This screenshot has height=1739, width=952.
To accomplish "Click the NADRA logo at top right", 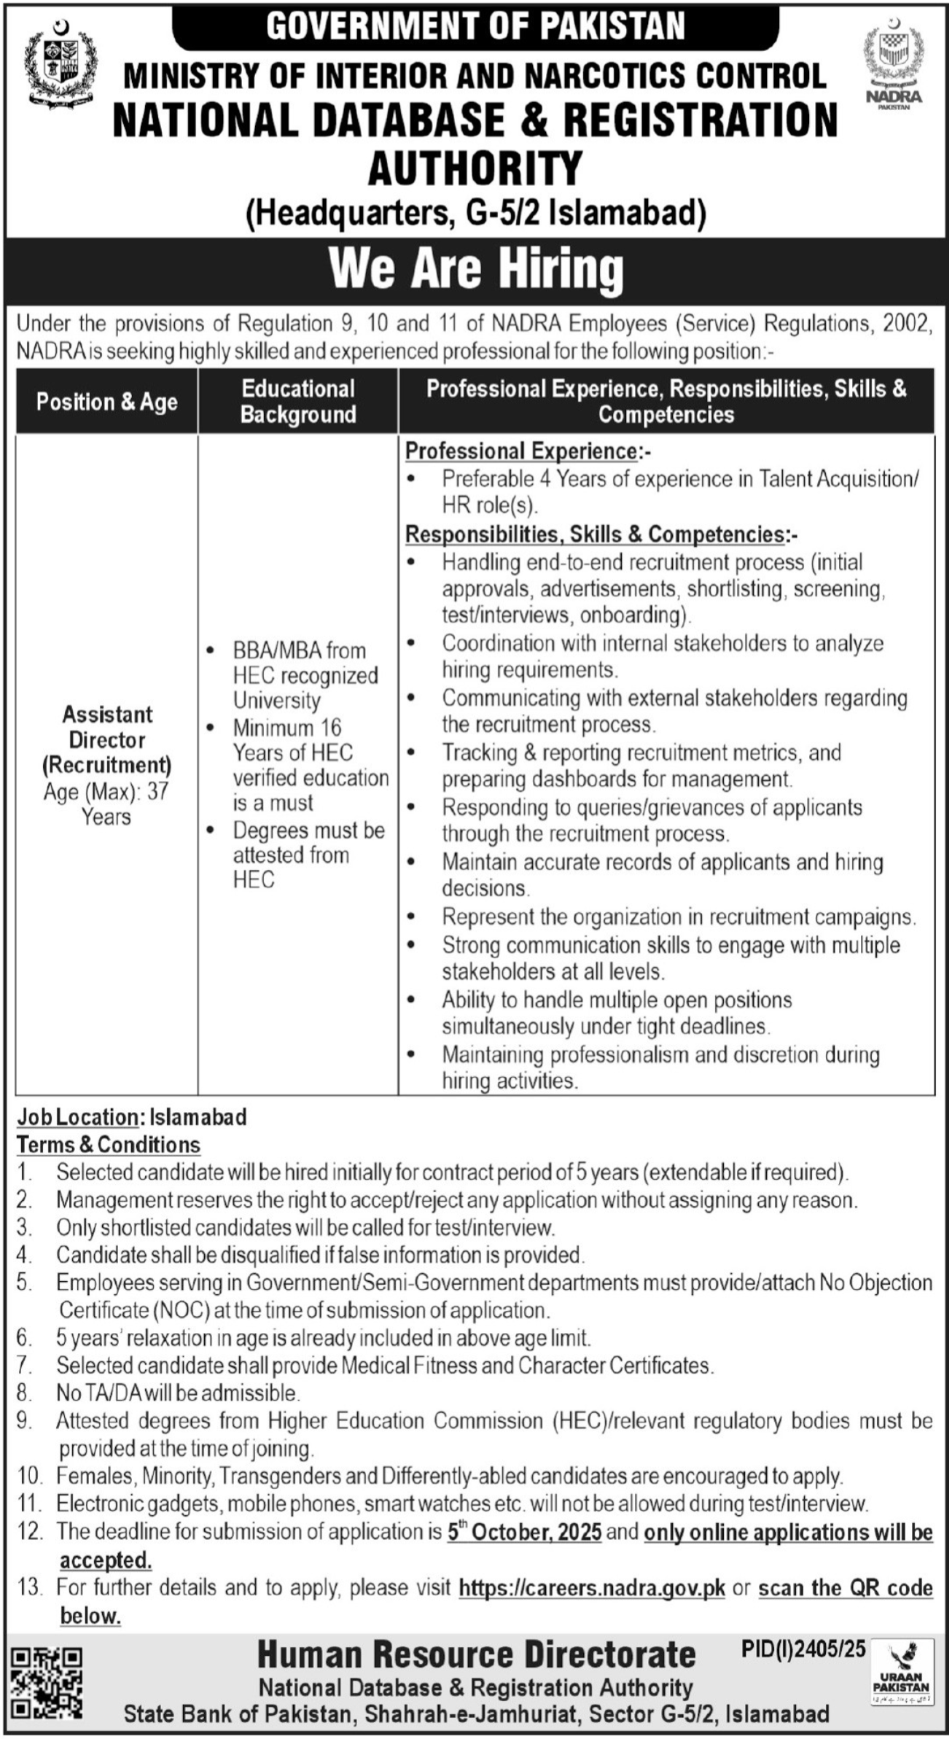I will point(893,66).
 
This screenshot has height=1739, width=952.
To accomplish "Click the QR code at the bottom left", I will point(47,1681).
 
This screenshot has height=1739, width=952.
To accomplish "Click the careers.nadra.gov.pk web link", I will point(591,1587).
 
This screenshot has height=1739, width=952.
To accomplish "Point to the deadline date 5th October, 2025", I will point(524,1532).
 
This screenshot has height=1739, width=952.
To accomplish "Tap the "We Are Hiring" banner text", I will point(476,269).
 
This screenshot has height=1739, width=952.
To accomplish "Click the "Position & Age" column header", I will point(107,402).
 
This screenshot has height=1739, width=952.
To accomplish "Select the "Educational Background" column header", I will point(298,402).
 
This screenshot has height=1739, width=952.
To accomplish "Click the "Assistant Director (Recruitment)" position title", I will point(107,739).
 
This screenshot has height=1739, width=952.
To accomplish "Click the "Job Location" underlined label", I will point(78,1117).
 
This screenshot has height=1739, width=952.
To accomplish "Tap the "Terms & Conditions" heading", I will point(109,1145).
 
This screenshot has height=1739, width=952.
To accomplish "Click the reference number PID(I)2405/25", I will point(803,1649).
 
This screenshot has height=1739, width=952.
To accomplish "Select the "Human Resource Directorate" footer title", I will point(476,1655).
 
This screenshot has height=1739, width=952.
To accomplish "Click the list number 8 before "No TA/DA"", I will point(25,1393).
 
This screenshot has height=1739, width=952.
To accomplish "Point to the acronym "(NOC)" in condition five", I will point(182,1310).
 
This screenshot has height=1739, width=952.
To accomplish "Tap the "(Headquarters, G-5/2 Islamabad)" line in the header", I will point(476,214).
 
